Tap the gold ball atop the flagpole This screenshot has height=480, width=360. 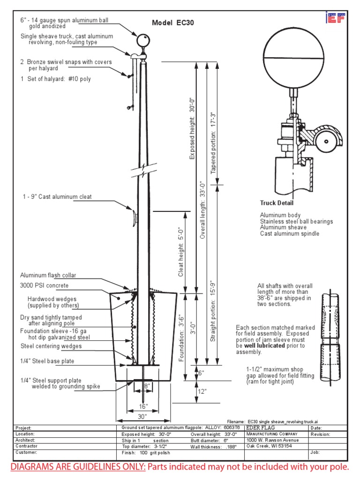click(142, 40)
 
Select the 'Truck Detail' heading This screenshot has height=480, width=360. click(277, 203)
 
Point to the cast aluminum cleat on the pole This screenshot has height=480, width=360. click(135, 217)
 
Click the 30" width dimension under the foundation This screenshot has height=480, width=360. click(142, 416)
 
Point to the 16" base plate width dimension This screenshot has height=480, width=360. click(142, 405)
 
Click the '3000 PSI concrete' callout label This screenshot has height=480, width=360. click(44, 285)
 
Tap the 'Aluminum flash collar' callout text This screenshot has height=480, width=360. click(48, 275)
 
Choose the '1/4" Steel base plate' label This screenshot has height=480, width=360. click(47, 361)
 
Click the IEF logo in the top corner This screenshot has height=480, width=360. click(335, 18)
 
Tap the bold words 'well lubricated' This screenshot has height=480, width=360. click(263, 345)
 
